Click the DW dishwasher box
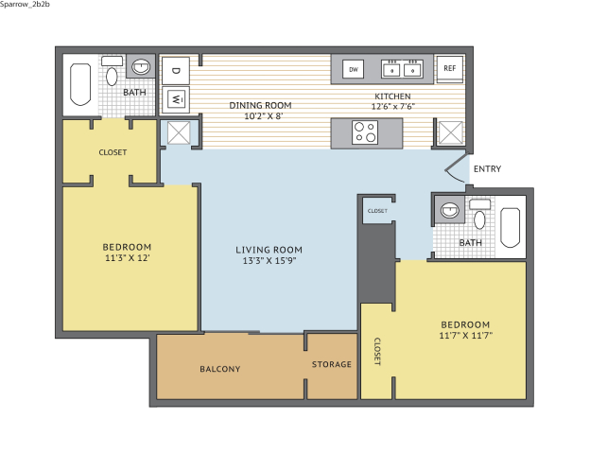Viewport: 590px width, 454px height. (x=353, y=69)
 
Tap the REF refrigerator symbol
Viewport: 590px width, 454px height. (x=450, y=69)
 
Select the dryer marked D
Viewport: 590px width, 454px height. (x=176, y=70)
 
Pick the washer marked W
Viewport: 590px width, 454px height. (x=176, y=99)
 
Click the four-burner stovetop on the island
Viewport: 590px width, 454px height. (x=365, y=132)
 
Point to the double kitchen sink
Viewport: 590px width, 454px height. (x=402, y=69)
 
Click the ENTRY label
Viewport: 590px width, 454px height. (x=487, y=169)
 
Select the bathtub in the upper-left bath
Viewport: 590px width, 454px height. (x=80, y=85)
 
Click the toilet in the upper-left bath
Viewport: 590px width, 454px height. (x=112, y=72)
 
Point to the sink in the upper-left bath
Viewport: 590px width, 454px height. (x=141, y=67)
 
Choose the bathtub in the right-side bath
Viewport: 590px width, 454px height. (x=511, y=227)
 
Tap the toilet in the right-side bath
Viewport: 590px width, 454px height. (x=479, y=214)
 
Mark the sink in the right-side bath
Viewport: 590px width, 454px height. (x=450, y=210)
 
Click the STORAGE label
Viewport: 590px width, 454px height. (x=332, y=364)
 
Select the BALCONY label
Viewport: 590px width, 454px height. (x=220, y=369)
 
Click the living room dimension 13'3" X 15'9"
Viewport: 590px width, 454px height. (x=269, y=260)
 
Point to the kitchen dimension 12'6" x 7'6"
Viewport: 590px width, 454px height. (x=392, y=107)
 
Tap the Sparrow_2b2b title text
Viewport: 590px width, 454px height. (x=25, y=4)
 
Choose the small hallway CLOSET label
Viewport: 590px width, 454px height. (x=377, y=211)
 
